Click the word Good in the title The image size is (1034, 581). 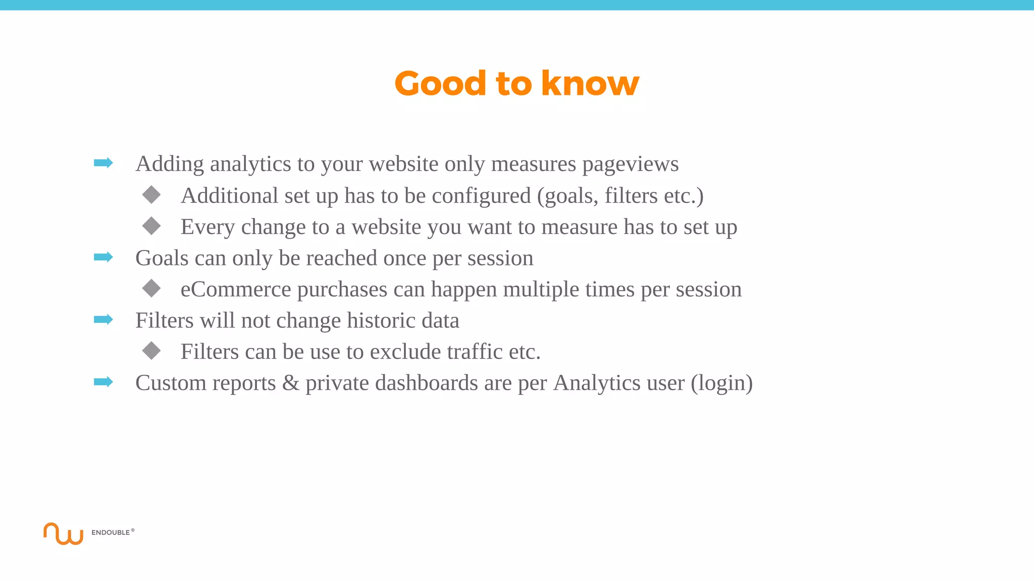point(440,83)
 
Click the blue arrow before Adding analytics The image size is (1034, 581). point(104,163)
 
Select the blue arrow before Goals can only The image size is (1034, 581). point(104,257)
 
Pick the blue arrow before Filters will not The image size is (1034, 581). point(104,319)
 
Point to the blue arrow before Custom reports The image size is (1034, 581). point(104,382)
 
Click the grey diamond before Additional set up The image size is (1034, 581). point(151,195)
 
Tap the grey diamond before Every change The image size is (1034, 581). point(151,226)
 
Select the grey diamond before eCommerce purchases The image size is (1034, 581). point(151,288)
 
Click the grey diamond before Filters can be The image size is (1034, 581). point(151,351)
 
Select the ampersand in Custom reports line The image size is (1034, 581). point(290,383)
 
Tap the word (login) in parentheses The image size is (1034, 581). point(721,383)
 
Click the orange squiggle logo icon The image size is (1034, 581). point(63,534)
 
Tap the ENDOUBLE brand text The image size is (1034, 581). point(111,533)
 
